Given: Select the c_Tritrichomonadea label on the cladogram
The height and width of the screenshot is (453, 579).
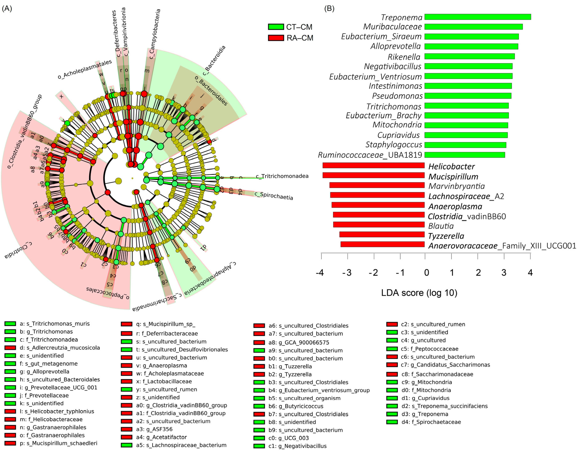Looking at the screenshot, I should tap(282, 176).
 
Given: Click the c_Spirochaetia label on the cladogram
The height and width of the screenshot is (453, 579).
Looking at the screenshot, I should tap(274, 196).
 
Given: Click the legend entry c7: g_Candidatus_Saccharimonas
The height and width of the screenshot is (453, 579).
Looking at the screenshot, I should tap(445, 365).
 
